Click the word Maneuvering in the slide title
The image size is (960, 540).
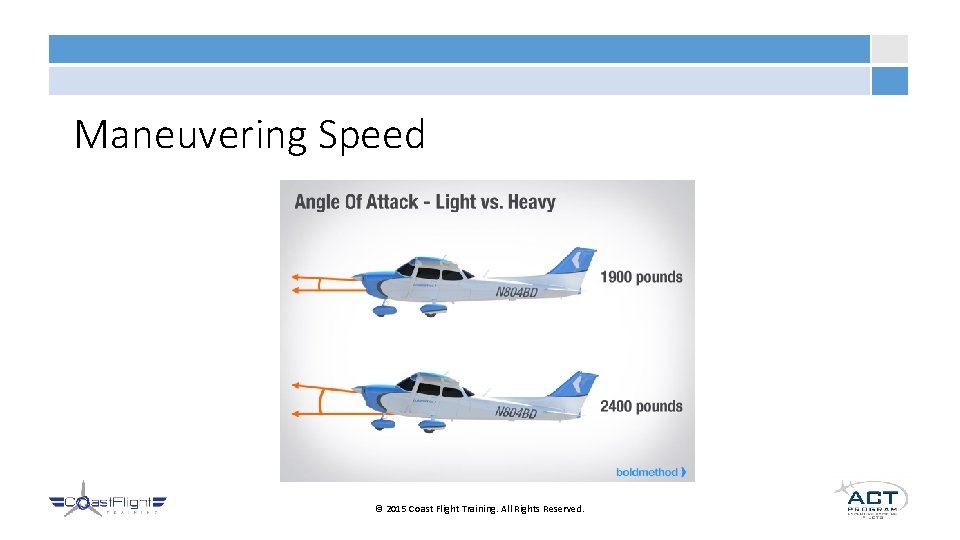tap(191, 135)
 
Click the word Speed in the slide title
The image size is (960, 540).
tap(371, 135)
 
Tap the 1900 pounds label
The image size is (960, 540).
tap(641, 277)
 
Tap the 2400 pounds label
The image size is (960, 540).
tap(641, 406)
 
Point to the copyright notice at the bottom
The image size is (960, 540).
tap(479, 509)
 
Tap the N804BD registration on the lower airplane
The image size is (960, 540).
tap(516, 413)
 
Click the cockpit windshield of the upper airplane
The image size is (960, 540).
tap(407, 268)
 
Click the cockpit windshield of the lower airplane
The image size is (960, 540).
tap(407, 385)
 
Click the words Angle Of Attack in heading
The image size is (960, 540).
tap(356, 202)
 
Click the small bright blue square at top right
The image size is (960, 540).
tap(889, 81)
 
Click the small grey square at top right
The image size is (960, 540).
tap(889, 49)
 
